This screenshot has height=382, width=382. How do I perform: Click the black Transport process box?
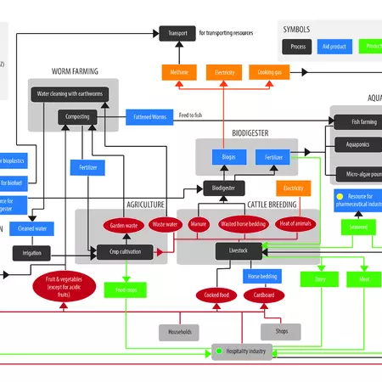177,33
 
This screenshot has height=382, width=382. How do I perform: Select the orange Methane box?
179,73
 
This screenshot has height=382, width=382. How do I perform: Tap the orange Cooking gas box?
267,73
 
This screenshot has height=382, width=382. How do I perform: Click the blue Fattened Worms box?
148,115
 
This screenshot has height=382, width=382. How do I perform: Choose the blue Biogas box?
229,156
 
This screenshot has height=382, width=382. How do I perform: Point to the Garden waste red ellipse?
125,226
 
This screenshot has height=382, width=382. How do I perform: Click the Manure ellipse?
198,225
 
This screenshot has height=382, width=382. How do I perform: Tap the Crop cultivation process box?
125,251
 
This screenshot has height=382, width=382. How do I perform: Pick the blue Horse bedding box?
261,277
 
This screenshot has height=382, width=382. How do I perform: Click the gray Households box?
180,332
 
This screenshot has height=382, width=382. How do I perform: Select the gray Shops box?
280,332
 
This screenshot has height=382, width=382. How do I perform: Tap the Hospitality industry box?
242,351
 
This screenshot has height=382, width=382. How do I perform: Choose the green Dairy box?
319,279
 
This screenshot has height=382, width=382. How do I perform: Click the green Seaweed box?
357,228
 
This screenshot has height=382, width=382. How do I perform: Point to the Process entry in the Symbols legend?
298,48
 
